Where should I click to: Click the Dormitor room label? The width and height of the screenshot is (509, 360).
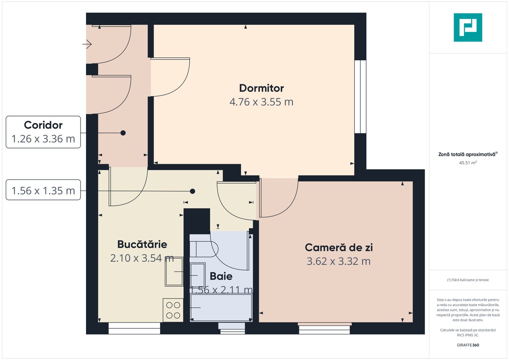261,88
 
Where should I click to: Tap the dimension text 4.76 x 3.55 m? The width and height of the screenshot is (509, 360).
261,102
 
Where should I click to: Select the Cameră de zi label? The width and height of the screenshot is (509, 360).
339,248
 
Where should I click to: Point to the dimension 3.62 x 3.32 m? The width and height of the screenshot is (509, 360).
339,261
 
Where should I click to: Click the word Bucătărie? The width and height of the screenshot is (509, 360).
142,244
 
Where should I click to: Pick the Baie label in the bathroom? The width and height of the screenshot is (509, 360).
221,276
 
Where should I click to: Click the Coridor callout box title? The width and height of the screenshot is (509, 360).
43,125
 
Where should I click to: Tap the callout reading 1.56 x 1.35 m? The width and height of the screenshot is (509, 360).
43,191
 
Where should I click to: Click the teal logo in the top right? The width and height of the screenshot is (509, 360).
468,27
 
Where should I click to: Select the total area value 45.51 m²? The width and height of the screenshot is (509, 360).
468,163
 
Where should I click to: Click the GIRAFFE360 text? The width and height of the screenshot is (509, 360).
468,345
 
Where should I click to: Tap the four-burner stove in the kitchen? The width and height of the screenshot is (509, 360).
173,310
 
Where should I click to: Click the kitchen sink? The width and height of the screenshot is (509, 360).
174,272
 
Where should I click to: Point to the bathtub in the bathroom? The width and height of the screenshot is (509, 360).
221,307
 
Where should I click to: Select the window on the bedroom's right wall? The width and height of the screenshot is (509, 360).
360,97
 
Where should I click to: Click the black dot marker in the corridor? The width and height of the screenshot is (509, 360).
123,133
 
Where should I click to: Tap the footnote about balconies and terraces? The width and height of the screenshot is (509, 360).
468,280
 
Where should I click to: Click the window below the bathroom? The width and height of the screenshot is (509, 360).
232,328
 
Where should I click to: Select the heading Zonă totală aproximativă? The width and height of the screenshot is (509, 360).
467,155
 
